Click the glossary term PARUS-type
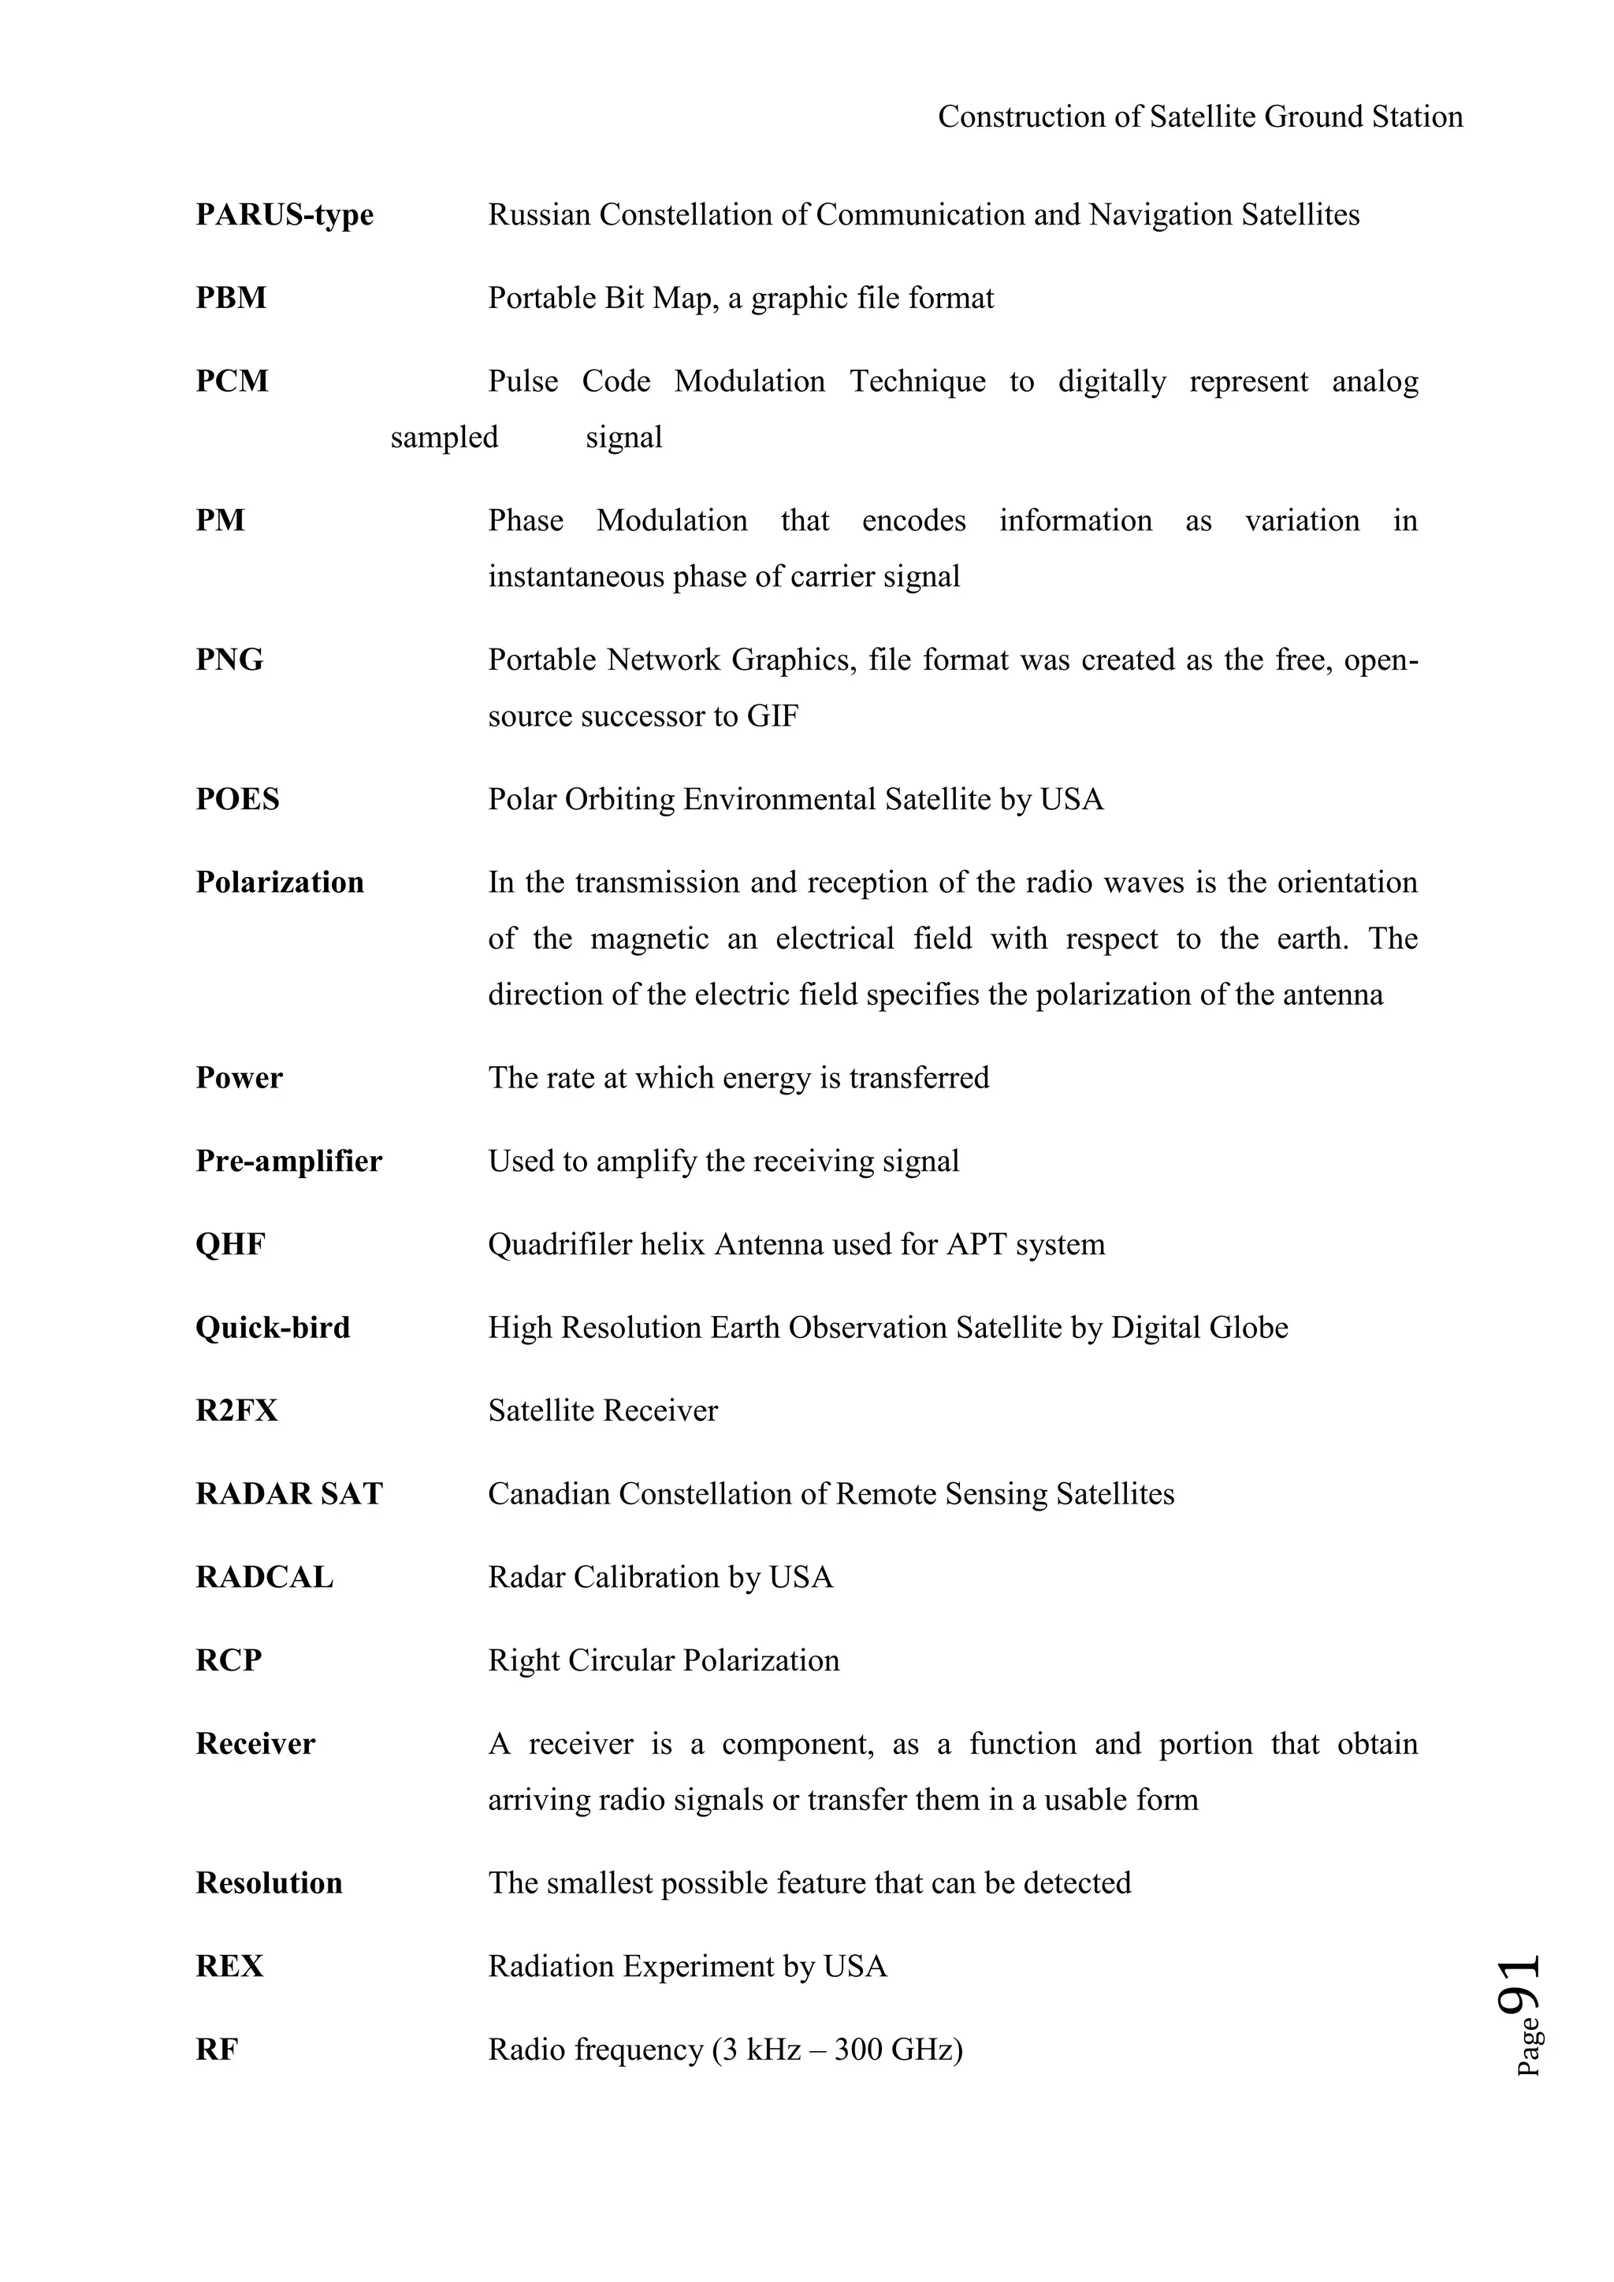pos(284,214)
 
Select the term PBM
pos(231,298)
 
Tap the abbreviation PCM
pos(232,381)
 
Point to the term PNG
pos(229,660)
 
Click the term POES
pos(237,799)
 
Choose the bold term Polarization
pos(279,883)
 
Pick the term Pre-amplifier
pos(288,1161)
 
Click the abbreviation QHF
pos(231,1244)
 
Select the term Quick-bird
pos(273,1328)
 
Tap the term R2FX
pos(236,1410)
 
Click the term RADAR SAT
pos(288,1494)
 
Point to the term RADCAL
pos(264,1578)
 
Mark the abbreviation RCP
pos(229,1661)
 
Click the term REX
pos(229,1966)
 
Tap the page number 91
pos(1519,1984)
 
